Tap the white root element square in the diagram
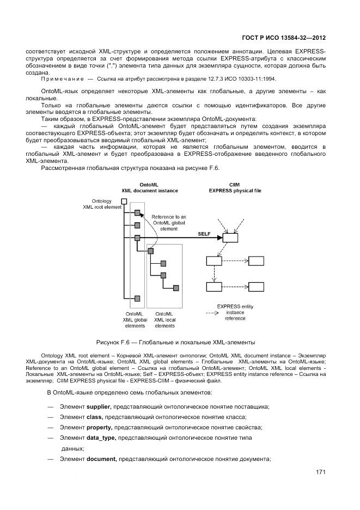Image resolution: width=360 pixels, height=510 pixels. (x=124, y=202)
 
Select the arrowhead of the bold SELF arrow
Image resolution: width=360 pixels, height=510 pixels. (x=219, y=238)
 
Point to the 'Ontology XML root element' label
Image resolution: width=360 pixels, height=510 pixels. (x=102, y=204)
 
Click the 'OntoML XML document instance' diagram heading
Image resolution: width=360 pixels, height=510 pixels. (x=149, y=188)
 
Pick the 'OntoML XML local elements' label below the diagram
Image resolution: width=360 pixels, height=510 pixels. (x=165, y=320)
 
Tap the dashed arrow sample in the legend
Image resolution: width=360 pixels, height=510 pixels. (x=213, y=313)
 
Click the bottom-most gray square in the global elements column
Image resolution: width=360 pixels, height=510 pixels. (x=137, y=298)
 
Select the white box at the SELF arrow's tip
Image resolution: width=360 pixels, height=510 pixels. (x=230, y=238)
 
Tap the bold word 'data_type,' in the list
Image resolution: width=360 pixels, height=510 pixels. (x=101, y=438)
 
